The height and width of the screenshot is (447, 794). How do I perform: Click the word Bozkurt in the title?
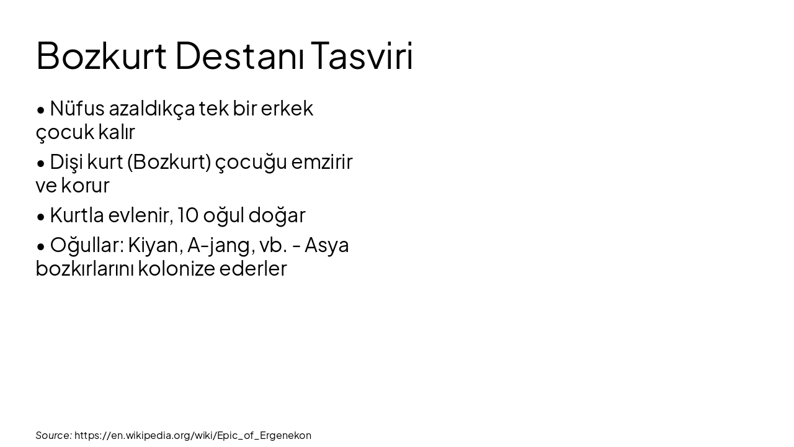[101, 55]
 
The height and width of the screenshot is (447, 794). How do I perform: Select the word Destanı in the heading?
[239, 55]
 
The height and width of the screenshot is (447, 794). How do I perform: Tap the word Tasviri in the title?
[362, 55]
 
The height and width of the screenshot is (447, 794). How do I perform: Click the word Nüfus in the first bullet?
[77, 109]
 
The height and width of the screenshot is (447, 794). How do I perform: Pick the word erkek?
[287, 109]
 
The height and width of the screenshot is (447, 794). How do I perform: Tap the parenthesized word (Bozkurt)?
[169, 162]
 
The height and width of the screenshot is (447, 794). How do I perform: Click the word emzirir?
[321, 162]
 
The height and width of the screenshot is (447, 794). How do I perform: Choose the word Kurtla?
[76, 215]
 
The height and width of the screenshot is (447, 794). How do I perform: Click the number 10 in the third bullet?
[187, 215]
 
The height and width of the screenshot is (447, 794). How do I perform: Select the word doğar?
[277, 215]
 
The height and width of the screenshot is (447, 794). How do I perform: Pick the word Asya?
[326, 245]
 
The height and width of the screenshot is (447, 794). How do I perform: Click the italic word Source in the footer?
[53, 435]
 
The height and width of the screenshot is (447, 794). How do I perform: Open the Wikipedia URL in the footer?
[193, 435]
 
